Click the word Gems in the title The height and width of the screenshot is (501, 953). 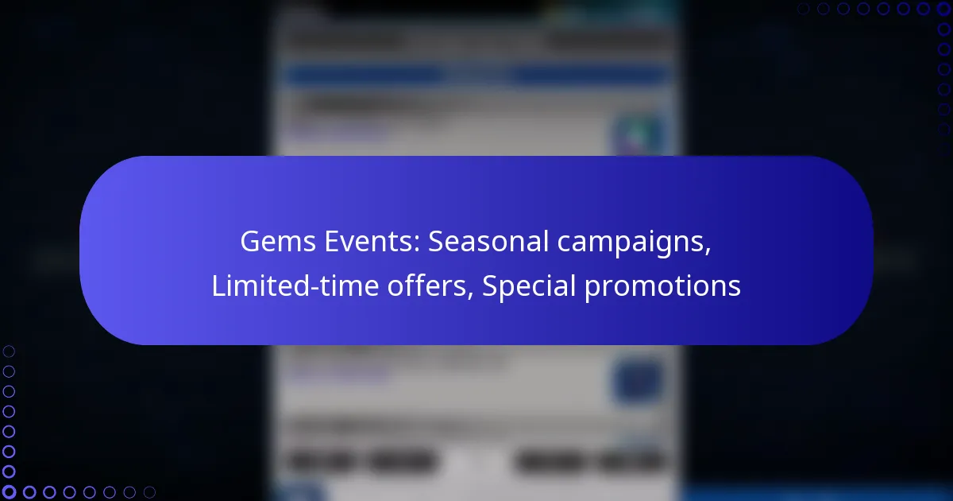(x=278, y=242)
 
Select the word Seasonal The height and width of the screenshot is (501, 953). (x=488, y=242)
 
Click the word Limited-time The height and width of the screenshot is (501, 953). (x=295, y=285)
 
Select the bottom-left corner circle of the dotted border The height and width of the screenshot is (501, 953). (x=9, y=492)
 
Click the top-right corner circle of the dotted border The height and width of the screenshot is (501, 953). (x=944, y=9)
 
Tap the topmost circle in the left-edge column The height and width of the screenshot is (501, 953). (x=9, y=351)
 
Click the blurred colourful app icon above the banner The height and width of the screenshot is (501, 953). (x=639, y=134)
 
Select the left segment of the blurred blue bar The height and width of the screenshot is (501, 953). (x=366, y=76)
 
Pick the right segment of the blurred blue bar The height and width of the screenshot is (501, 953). (x=587, y=76)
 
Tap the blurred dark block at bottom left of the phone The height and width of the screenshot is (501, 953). (x=364, y=461)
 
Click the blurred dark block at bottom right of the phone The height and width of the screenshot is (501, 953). (x=589, y=461)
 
